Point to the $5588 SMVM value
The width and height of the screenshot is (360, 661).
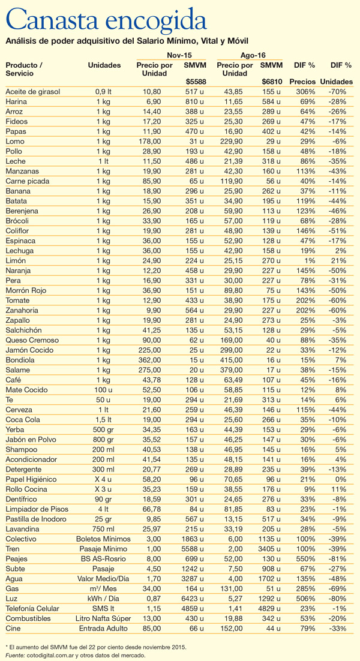(x=194, y=82)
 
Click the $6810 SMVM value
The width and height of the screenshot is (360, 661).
(x=272, y=82)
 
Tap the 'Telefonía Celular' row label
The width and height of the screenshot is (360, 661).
(x=32, y=608)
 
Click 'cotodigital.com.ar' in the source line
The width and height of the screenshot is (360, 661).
(x=53, y=655)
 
